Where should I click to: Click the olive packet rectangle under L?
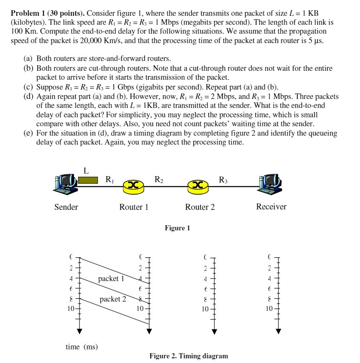[88, 180]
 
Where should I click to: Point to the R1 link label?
[110, 180]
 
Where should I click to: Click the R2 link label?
[158, 180]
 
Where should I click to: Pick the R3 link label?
[223, 180]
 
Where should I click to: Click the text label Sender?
[66, 207]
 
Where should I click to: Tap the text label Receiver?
[271, 206]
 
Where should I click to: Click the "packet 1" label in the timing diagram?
[111, 279]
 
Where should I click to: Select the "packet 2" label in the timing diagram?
[113, 299]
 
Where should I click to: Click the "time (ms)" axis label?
[82, 347]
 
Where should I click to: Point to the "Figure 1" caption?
[177, 228]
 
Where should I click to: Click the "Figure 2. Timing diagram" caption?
[188, 356]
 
